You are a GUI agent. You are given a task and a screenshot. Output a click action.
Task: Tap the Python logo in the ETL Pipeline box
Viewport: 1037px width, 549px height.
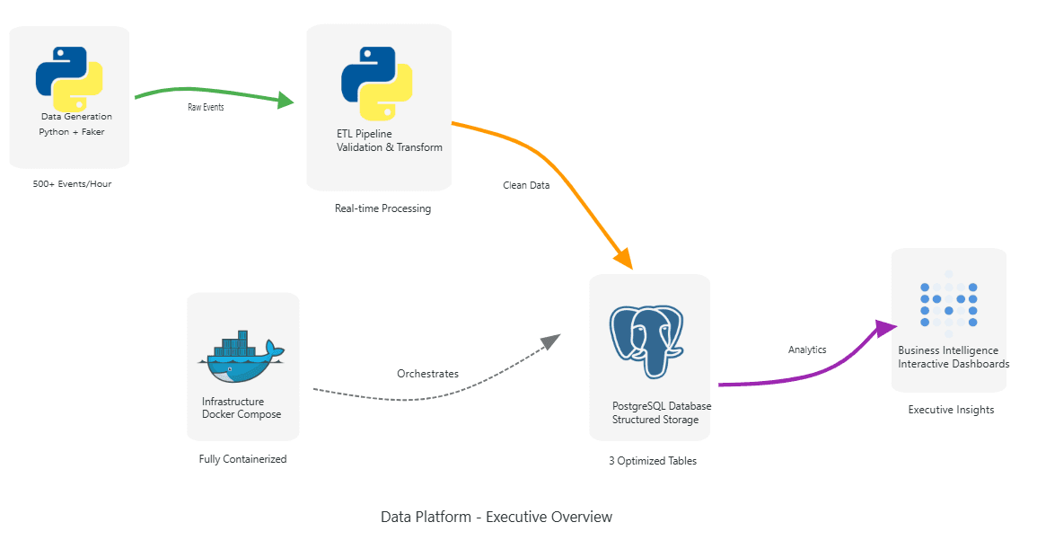[377, 84]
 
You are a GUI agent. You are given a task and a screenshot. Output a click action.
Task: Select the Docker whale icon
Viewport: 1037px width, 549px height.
[241, 356]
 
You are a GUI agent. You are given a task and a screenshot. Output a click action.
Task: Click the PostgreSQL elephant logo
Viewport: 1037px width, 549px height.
[646, 341]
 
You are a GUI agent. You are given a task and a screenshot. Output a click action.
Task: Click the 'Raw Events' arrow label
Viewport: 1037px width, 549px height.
[206, 107]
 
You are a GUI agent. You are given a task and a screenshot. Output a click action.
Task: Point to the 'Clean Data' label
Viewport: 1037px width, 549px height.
[526, 185]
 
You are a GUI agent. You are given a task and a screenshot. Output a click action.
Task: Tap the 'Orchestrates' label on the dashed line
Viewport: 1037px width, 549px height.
[427, 374]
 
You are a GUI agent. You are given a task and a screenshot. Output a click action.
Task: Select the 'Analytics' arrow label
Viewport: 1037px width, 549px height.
[807, 350]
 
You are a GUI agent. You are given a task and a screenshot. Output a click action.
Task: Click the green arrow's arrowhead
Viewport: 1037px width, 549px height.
[286, 100]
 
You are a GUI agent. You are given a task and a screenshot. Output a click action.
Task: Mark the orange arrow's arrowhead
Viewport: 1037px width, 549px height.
[624, 259]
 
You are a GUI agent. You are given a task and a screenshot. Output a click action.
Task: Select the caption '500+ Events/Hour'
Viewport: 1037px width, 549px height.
[72, 184]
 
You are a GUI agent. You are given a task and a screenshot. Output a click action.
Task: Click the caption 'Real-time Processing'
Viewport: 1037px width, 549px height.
[382, 208]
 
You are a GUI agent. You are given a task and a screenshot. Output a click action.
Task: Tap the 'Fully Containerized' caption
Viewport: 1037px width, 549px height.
[242, 459]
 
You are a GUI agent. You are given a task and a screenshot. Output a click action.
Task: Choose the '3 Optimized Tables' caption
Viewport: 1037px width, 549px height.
[652, 461]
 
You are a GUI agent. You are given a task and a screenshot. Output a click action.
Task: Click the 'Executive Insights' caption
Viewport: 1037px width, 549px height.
[951, 410]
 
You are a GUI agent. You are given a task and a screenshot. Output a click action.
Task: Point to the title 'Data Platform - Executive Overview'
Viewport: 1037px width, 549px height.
[497, 517]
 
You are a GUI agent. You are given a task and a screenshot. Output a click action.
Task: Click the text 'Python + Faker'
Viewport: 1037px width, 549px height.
[72, 132]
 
